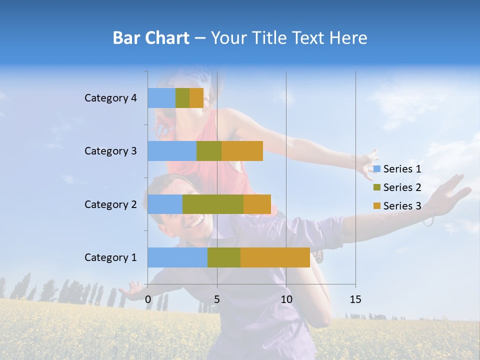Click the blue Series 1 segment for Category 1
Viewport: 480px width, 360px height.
point(177,257)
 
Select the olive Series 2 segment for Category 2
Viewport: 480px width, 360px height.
point(213,204)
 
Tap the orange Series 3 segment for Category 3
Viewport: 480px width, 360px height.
point(242,151)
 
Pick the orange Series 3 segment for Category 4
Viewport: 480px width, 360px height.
point(196,98)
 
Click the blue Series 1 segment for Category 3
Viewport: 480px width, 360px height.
point(172,151)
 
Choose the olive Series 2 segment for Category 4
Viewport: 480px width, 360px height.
point(182,98)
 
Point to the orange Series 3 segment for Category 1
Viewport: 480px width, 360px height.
point(275,257)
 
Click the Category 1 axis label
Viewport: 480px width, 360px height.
point(110,257)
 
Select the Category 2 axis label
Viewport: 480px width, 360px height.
point(110,204)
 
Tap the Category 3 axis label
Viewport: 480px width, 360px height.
point(110,151)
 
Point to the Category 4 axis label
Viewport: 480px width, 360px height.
point(110,98)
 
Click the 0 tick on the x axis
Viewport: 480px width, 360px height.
point(148,299)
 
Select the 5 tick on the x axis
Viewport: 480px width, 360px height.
point(217,299)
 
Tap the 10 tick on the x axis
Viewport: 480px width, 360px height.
point(286,299)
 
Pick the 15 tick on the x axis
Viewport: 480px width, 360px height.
point(355,299)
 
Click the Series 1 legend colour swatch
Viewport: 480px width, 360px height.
point(377,169)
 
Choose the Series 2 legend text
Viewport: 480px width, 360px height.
point(402,187)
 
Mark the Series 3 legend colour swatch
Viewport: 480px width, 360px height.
point(377,206)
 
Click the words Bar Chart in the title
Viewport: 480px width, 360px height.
point(150,38)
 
